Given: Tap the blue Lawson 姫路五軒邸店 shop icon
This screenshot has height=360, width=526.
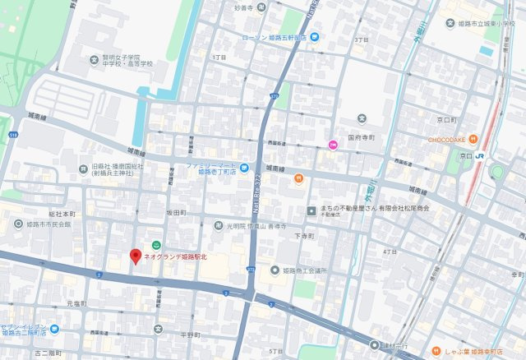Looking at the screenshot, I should coord(314,37).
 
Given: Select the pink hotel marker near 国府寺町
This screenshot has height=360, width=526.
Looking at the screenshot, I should coord(333,145).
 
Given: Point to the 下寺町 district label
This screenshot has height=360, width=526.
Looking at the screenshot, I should coord(305,235).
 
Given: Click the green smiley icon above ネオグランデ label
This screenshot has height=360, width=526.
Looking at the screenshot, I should coord(156,244).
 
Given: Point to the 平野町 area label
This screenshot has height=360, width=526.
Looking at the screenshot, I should coord(190,335).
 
